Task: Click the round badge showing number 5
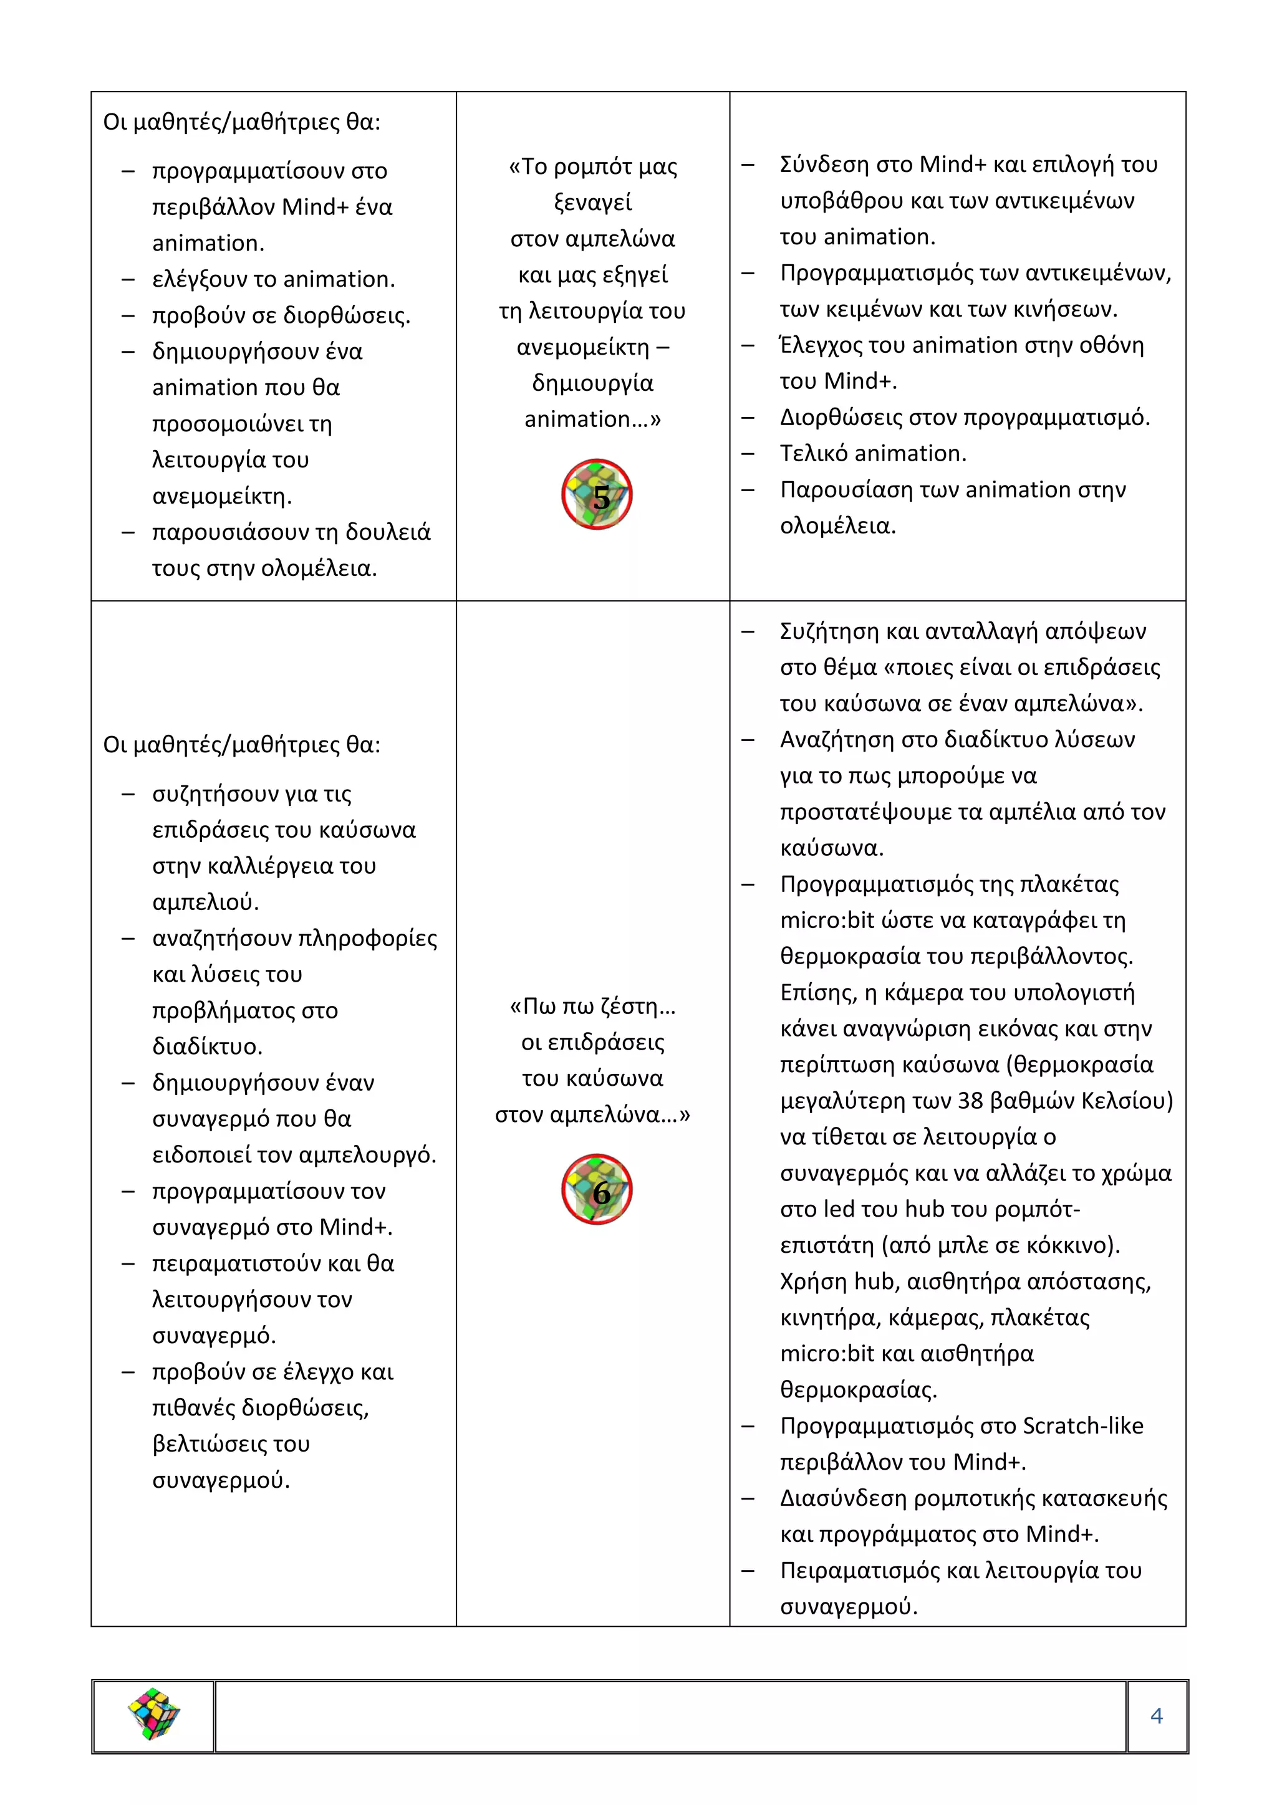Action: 597,494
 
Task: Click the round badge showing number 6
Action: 597,1189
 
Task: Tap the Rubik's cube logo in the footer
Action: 153,1714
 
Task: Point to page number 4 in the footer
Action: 1156,1715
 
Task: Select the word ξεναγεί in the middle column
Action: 593,203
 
